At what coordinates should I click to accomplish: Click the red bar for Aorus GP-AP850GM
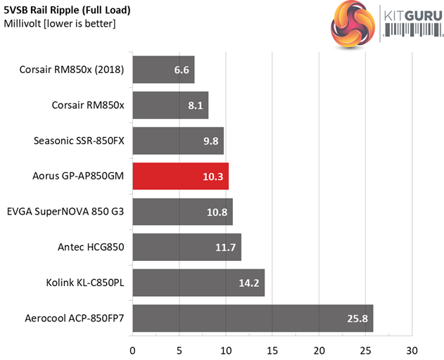[x=180, y=176]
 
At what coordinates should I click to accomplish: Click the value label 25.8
[x=354, y=319]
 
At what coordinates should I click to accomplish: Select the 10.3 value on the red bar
[x=213, y=176]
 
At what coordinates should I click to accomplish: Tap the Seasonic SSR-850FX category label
[x=79, y=141]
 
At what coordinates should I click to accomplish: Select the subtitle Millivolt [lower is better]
[x=60, y=24]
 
